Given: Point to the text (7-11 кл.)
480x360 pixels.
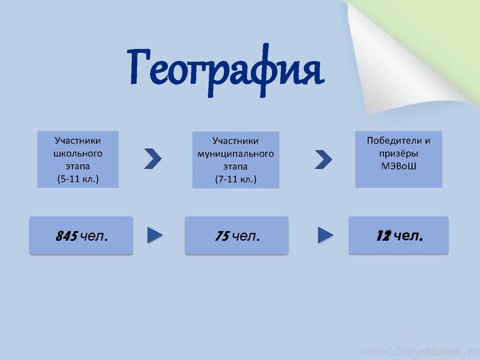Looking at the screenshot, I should click(x=236, y=179).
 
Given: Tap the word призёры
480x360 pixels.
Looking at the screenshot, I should click(x=398, y=153).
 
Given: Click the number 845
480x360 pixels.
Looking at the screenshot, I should click(x=65, y=236).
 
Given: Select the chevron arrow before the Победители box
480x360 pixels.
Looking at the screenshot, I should click(x=323, y=159).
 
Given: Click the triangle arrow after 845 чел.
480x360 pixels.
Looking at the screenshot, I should click(x=155, y=235).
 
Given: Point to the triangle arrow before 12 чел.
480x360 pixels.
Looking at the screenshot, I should click(x=325, y=235).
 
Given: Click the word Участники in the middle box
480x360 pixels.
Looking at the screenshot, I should click(x=236, y=141).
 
